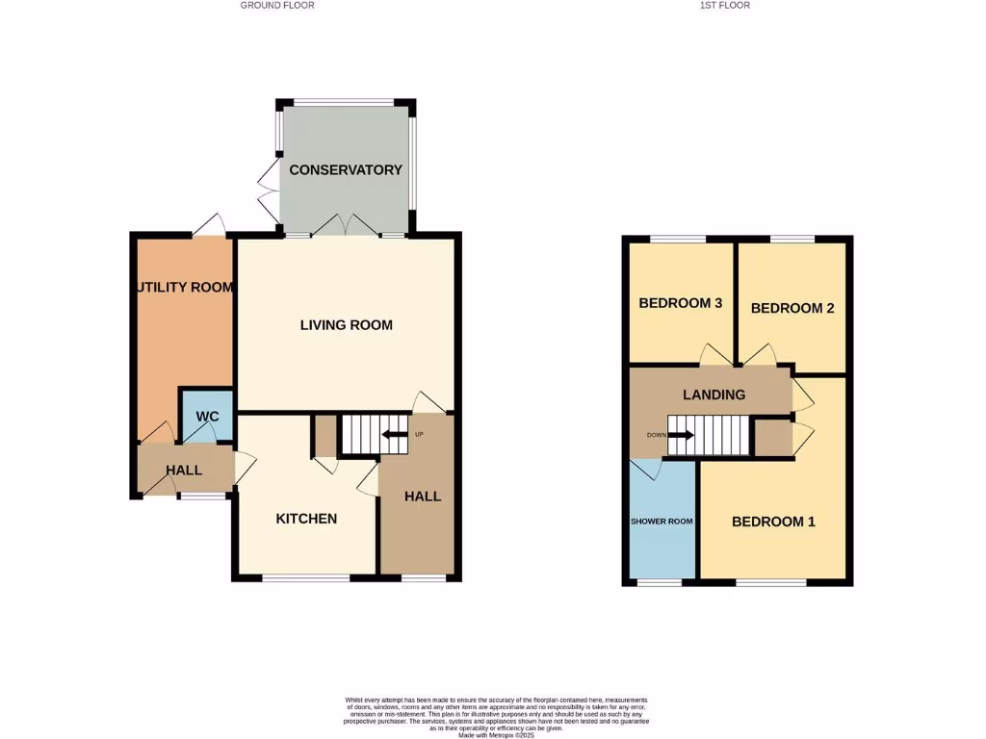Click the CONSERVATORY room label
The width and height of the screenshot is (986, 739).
(346, 170)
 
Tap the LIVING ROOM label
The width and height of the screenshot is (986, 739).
(346, 325)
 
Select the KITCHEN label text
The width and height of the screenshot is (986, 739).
(306, 519)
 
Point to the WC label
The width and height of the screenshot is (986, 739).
(208, 417)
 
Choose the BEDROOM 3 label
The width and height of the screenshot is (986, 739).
(681, 303)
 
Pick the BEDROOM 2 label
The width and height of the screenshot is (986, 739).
(791, 308)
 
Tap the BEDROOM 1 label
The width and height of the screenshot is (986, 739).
(773, 522)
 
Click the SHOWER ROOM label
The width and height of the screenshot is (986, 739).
(662, 522)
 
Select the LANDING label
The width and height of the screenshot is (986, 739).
(714, 395)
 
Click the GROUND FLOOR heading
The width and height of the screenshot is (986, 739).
(277, 6)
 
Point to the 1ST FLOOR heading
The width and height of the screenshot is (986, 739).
(725, 6)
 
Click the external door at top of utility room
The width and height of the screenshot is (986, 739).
(207, 228)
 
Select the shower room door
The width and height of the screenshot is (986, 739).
(647, 468)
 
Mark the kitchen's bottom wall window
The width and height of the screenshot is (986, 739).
(306, 578)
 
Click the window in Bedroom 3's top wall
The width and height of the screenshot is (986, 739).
(677, 239)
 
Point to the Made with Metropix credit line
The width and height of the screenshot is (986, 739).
(496, 735)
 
